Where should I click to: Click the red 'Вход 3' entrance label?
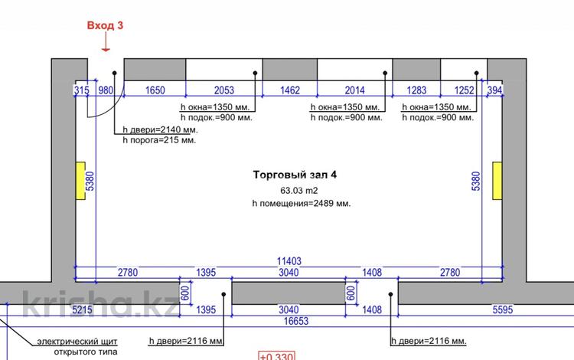click(x=105, y=25)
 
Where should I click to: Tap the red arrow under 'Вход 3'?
click(x=105, y=44)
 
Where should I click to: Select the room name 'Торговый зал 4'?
click(x=294, y=175)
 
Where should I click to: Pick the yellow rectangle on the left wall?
click(x=80, y=181)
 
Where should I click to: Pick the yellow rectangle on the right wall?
click(x=497, y=181)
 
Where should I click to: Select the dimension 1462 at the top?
click(x=290, y=90)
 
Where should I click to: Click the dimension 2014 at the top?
click(x=354, y=90)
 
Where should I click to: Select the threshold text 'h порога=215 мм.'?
click(x=159, y=142)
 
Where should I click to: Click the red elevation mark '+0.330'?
click(x=275, y=355)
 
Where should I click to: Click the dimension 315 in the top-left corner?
click(x=81, y=90)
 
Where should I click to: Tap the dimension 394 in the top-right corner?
click(x=494, y=90)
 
